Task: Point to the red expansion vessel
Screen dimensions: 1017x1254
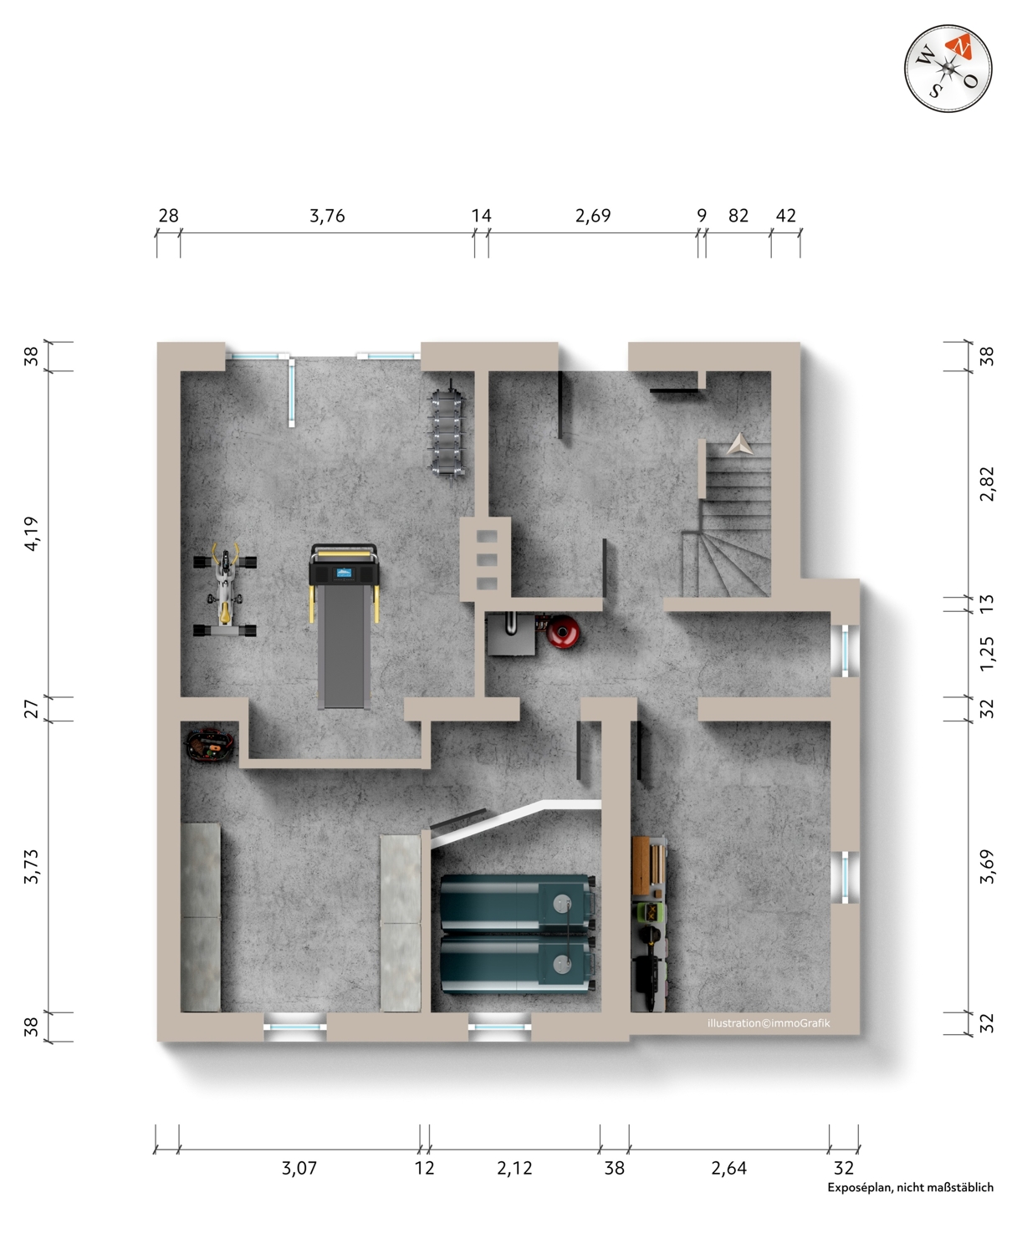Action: click(563, 631)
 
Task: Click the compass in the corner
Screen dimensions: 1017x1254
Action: click(948, 69)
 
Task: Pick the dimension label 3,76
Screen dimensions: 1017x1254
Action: click(327, 216)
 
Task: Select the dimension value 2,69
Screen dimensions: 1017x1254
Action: click(593, 216)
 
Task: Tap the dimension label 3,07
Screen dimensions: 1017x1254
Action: click(299, 1168)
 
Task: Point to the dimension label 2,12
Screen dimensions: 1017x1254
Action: click(514, 1168)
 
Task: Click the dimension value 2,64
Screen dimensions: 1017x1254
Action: click(728, 1168)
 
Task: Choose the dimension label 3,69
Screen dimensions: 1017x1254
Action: click(987, 866)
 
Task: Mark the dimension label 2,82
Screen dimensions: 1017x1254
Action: click(987, 483)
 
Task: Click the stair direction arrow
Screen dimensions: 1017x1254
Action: click(739, 445)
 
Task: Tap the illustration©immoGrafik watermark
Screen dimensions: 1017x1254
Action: click(769, 1023)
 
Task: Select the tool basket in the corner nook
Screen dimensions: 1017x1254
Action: click(210, 746)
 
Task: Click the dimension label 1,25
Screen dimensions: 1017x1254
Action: click(987, 653)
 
